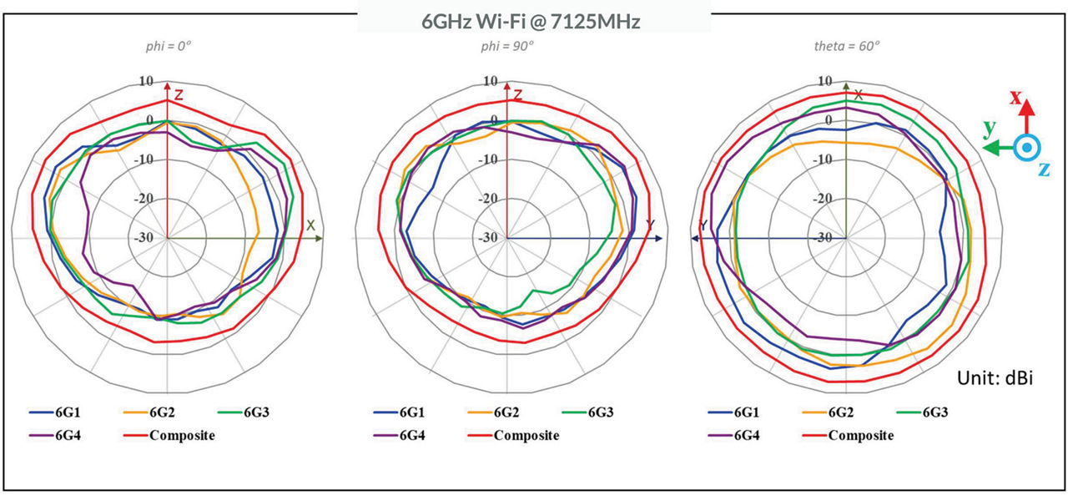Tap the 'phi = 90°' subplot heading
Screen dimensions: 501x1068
pyautogui.click(x=508, y=47)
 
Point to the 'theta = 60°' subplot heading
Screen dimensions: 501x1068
pyautogui.click(x=846, y=47)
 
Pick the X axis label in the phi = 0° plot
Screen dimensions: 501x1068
pyautogui.click(x=310, y=225)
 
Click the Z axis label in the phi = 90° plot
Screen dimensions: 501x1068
pyautogui.click(x=517, y=95)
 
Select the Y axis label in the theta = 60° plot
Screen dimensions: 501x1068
pyautogui.click(x=703, y=225)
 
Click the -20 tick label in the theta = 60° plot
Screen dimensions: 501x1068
pyautogui.click(x=824, y=199)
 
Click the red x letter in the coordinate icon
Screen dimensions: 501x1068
pyautogui.click(x=1016, y=97)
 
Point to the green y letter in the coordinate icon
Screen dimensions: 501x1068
pyautogui.click(x=989, y=128)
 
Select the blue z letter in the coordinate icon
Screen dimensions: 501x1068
pyautogui.click(x=1043, y=170)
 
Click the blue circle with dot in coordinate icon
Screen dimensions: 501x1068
pyautogui.click(x=1028, y=148)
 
